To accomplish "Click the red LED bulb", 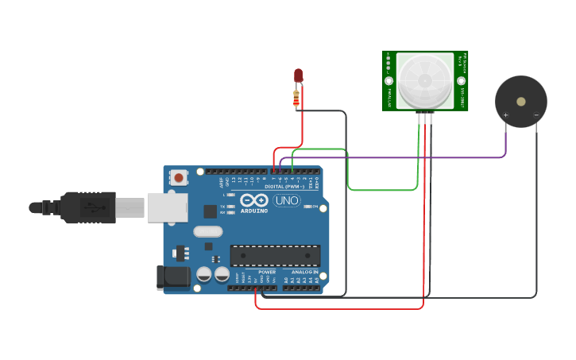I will click(x=299, y=75).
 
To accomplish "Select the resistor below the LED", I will click(x=296, y=99).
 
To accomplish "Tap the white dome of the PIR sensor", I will click(x=425, y=81).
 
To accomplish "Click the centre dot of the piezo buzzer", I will click(x=520, y=102).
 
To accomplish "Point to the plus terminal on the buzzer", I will click(x=505, y=115).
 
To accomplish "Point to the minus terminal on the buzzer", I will click(x=536, y=115).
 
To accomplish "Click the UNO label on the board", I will click(x=286, y=200).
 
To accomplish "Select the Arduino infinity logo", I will click(x=256, y=200).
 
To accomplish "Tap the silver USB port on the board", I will click(x=167, y=207).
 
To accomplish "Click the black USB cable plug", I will click(x=87, y=207).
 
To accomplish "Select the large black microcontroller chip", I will click(x=275, y=255).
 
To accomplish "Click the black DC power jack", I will click(x=172, y=277).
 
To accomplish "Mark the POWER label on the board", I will click(x=267, y=272).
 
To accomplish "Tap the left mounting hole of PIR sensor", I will click(x=389, y=81).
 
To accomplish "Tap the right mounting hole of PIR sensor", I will click(x=461, y=81).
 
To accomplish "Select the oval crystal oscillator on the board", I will click(x=208, y=232).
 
